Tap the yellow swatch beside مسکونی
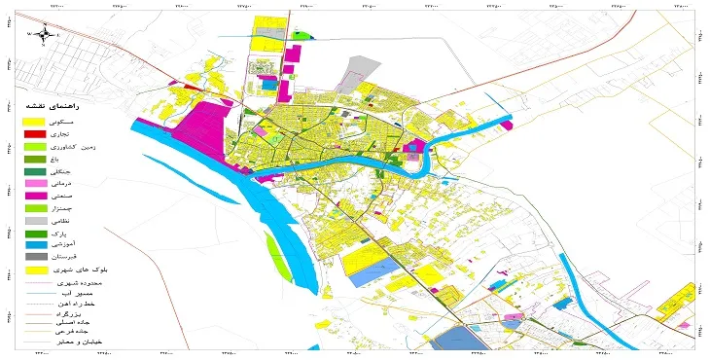(x=34, y=120)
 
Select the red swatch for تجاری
(x=34, y=133)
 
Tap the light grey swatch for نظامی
(x=34, y=222)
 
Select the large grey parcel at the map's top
(x=362, y=67)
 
